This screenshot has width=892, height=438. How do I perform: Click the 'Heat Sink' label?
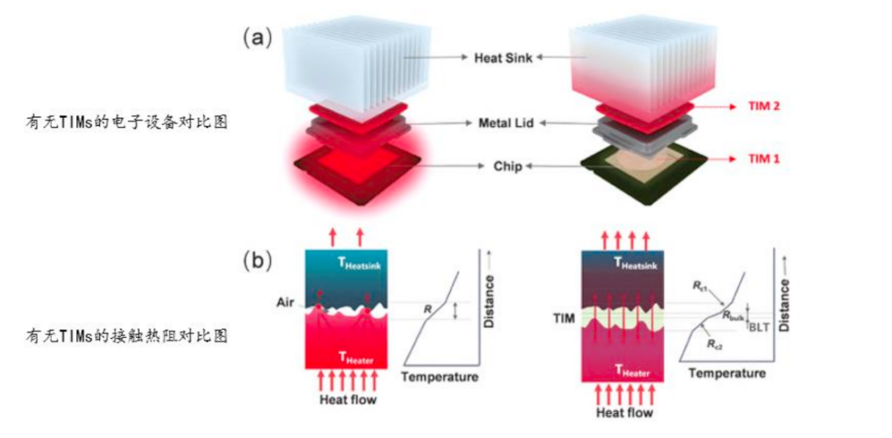[x=504, y=58]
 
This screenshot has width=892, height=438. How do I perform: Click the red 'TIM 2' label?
[x=762, y=107]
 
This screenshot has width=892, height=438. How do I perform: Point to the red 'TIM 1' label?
[x=762, y=160]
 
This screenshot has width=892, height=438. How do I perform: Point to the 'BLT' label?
[x=760, y=326]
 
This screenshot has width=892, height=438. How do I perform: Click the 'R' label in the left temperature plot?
[x=428, y=309]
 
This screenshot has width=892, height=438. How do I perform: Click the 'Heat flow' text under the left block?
[x=348, y=399]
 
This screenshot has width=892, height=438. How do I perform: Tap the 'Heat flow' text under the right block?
[x=624, y=412]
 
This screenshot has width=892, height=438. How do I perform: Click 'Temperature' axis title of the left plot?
[x=439, y=377]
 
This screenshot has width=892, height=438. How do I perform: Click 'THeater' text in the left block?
[x=358, y=357]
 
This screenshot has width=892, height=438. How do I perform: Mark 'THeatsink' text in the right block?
[x=637, y=262]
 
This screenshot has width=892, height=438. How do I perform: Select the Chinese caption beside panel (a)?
[x=126, y=121]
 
